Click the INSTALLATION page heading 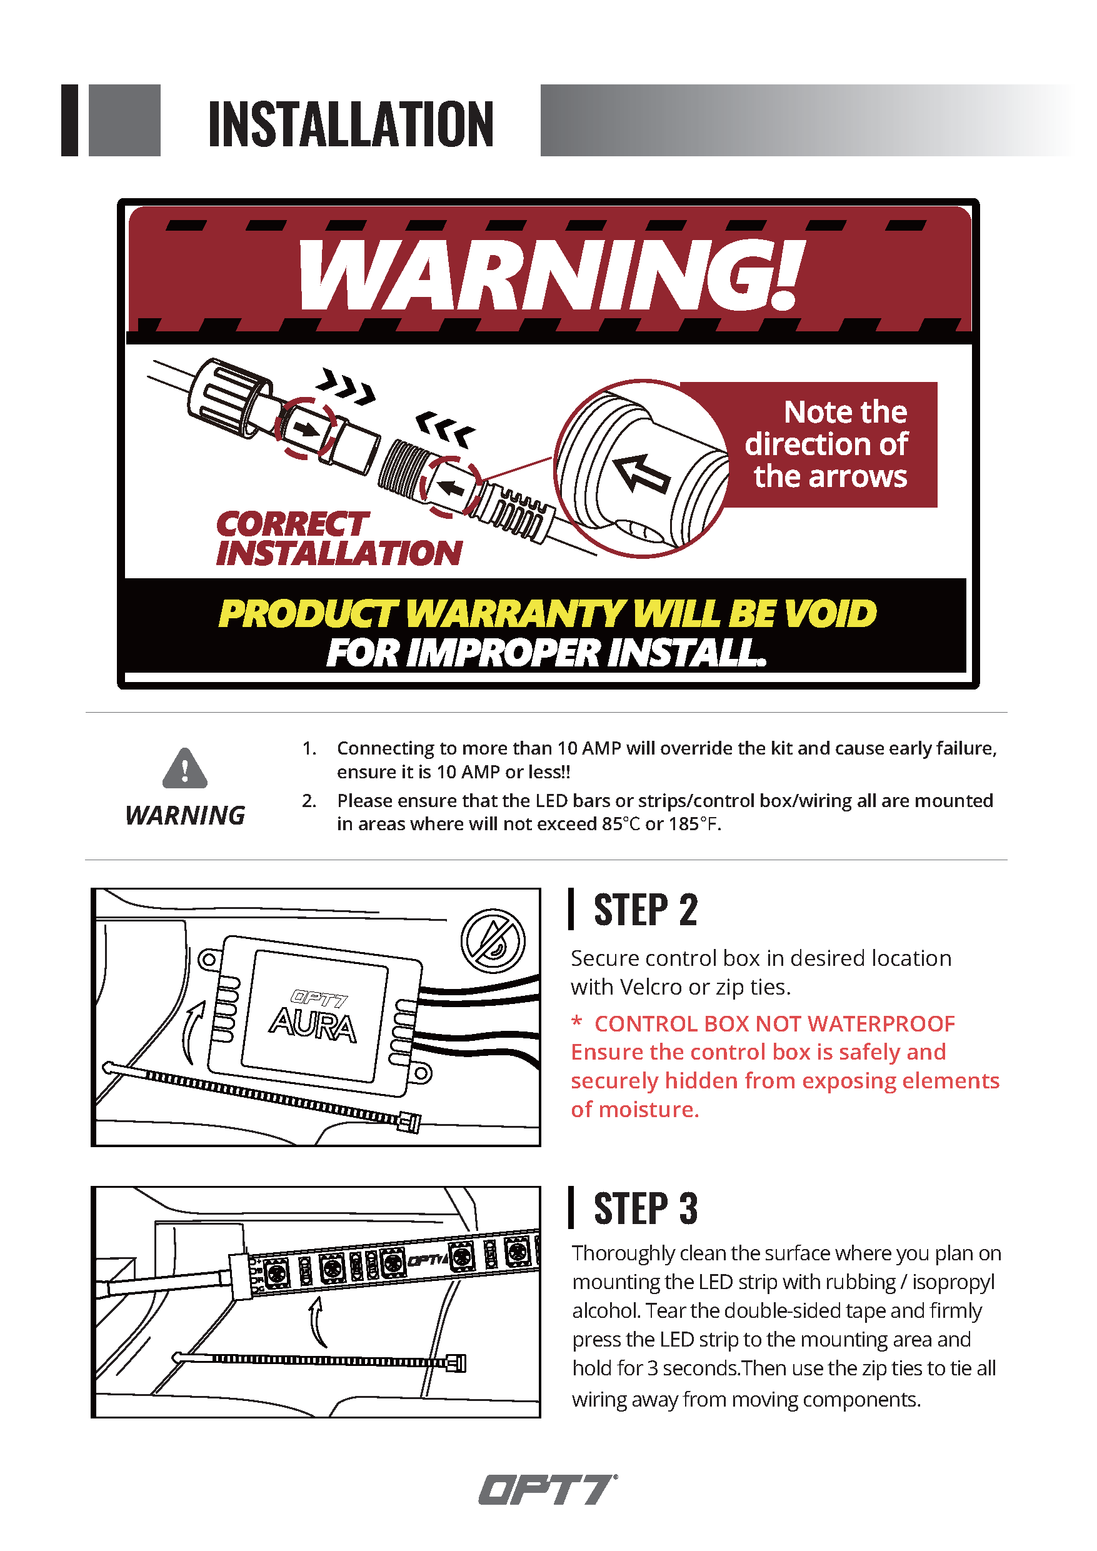click(351, 124)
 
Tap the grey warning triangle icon click(185, 768)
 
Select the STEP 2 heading click(645, 910)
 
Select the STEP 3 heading click(645, 1208)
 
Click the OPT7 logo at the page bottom click(548, 1490)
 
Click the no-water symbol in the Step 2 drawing click(493, 941)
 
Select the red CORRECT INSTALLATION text click(339, 538)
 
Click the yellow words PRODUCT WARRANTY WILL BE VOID click(547, 613)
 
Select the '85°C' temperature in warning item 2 click(621, 824)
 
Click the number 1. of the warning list click(309, 748)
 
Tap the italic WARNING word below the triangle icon click(185, 815)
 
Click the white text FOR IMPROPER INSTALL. click(547, 653)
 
